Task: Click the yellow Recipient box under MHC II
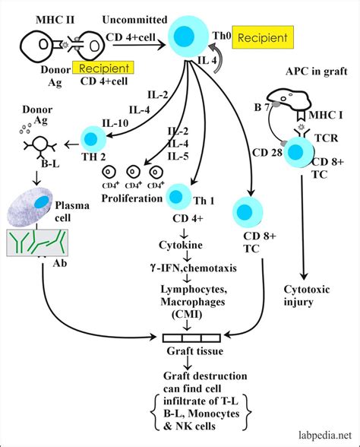coord(103,68)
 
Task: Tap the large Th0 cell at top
coord(184,37)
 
